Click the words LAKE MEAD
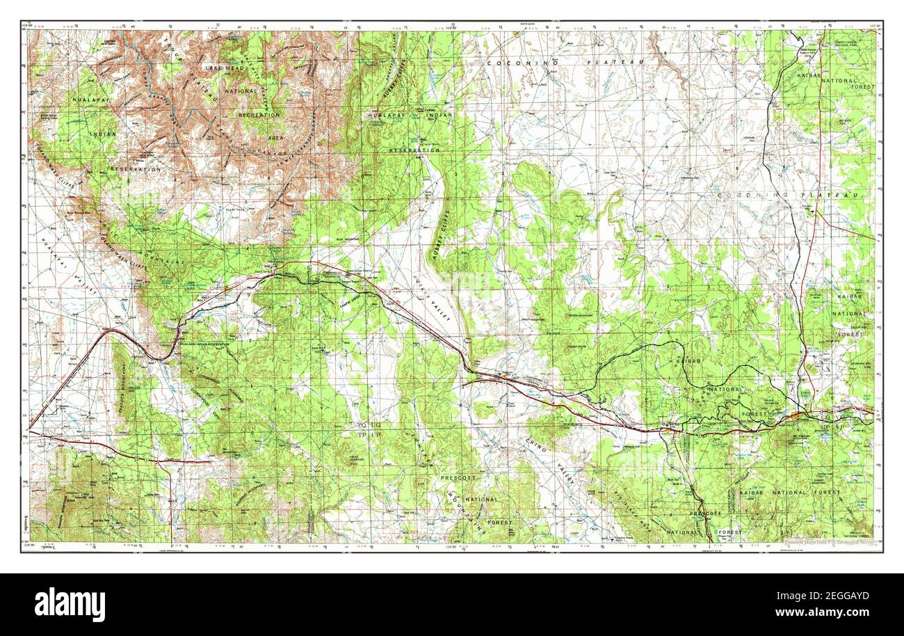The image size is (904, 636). click(x=222, y=68)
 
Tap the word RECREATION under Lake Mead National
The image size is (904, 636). click(x=259, y=115)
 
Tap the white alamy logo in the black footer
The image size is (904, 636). click(x=70, y=603)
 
